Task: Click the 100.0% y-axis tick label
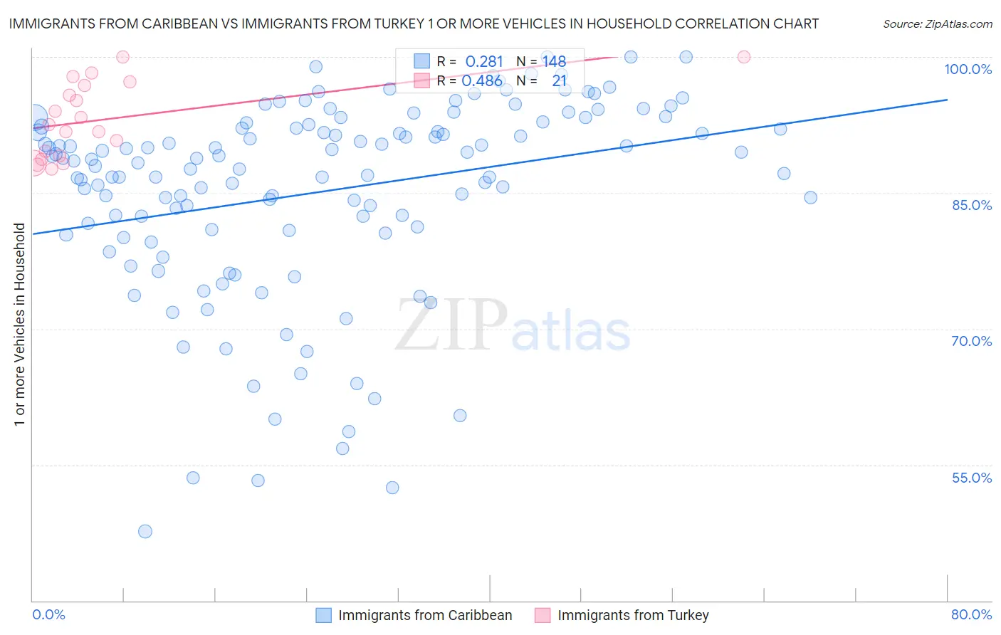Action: (x=968, y=69)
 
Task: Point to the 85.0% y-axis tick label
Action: (x=971, y=205)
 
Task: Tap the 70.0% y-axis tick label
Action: (x=971, y=341)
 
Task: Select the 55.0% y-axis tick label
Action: (x=971, y=478)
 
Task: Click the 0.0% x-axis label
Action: (x=48, y=614)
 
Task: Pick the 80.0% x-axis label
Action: (x=971, y=614)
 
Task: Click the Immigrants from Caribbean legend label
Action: (x=425, y=615)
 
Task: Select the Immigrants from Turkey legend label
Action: (x=633, y=615)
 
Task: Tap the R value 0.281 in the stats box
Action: (x=484, y=62)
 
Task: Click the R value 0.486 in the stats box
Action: (x=482, y=81)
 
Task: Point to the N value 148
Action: (x=554, y=62)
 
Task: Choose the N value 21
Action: (x=559, y=81)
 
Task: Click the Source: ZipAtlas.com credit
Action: (x=937, y=24)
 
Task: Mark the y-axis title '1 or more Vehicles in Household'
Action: (x=20, y=325)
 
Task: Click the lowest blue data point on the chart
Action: (x=145, y=531)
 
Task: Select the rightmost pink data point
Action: (x=744, y=57)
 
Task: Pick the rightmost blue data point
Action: (x=810, y=197)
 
